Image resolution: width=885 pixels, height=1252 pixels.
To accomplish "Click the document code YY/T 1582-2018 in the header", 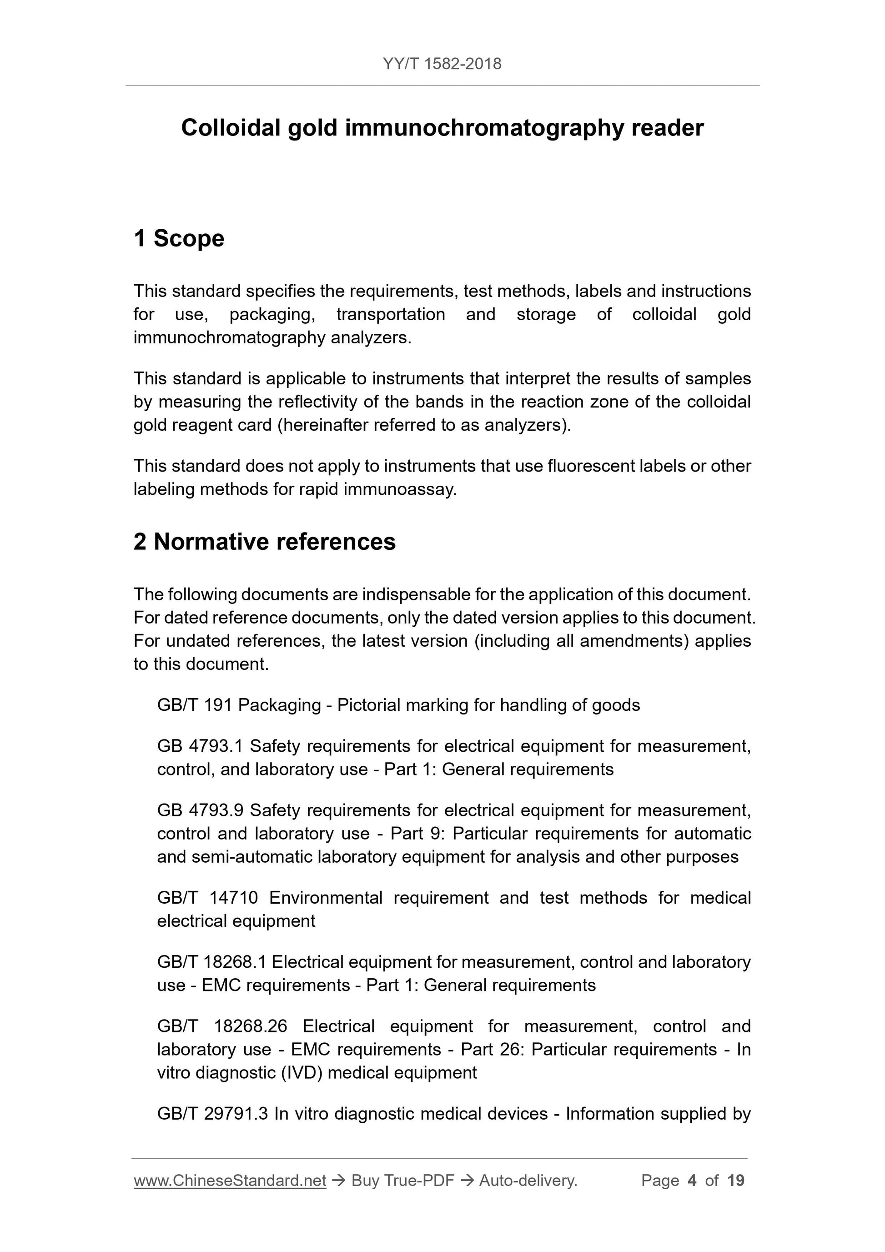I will [x=442, y=64].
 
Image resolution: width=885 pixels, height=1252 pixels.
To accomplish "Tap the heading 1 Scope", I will [x=179, y=238].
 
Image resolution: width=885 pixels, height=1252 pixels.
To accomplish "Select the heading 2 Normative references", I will [x=265, y=542].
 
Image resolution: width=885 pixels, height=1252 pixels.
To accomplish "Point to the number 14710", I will [x=233, y=898].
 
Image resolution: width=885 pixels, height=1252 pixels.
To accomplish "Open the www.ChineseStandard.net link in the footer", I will [x=230, y=1181].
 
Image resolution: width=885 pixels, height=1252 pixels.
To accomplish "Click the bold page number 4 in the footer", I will [x=692, y=1181].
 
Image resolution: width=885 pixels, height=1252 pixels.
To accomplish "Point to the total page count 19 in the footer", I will [x=735, y=1181].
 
